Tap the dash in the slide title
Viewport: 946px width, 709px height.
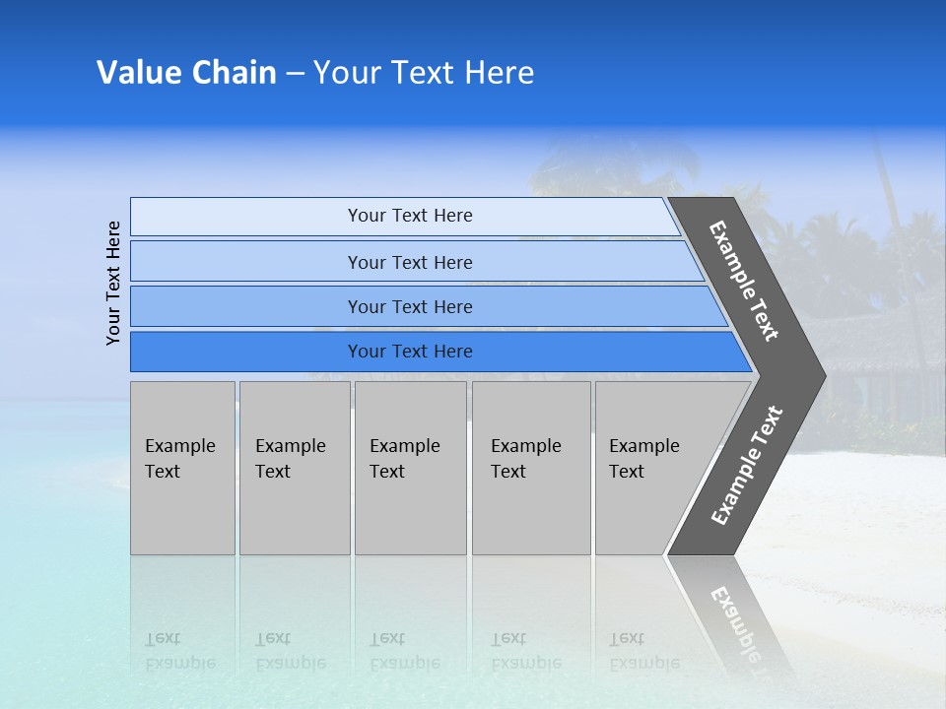click(295, 74)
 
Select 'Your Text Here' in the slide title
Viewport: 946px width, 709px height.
click(424, 73)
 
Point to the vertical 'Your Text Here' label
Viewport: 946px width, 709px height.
click(113, 283)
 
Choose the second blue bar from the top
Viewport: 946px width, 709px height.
click(409, 262)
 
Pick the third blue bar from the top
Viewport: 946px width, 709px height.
click(409, 306)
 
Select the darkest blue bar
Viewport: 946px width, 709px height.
click(409, 352)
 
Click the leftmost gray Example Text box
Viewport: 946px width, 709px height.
click(182, 468)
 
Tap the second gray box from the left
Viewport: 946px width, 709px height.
click(294, 468)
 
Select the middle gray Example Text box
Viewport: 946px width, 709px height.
click(410, 468)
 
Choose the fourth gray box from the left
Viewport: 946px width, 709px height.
click(531, 468)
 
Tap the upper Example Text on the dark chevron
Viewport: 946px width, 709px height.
click(744, 281)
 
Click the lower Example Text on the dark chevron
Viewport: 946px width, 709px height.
click(747, 466)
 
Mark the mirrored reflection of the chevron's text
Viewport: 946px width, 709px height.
click(737, 622)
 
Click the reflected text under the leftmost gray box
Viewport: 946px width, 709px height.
click(179, 651)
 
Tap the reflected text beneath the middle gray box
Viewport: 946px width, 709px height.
click(404, 651)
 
